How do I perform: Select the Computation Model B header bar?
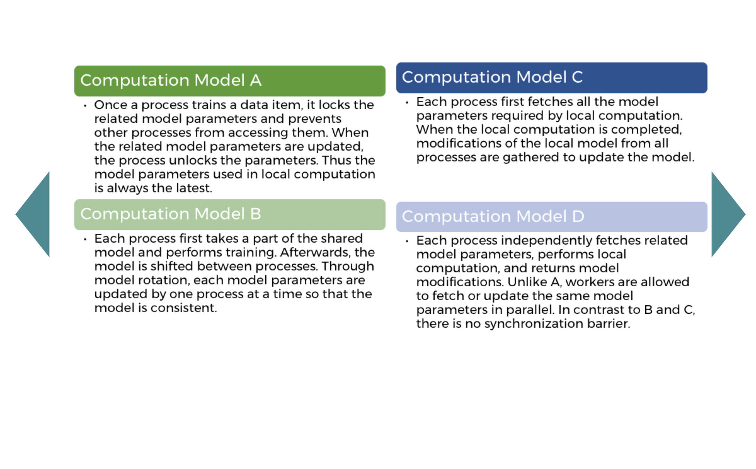230,214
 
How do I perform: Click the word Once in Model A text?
110,105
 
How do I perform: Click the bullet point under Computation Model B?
85,239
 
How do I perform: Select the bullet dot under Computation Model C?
407,102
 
